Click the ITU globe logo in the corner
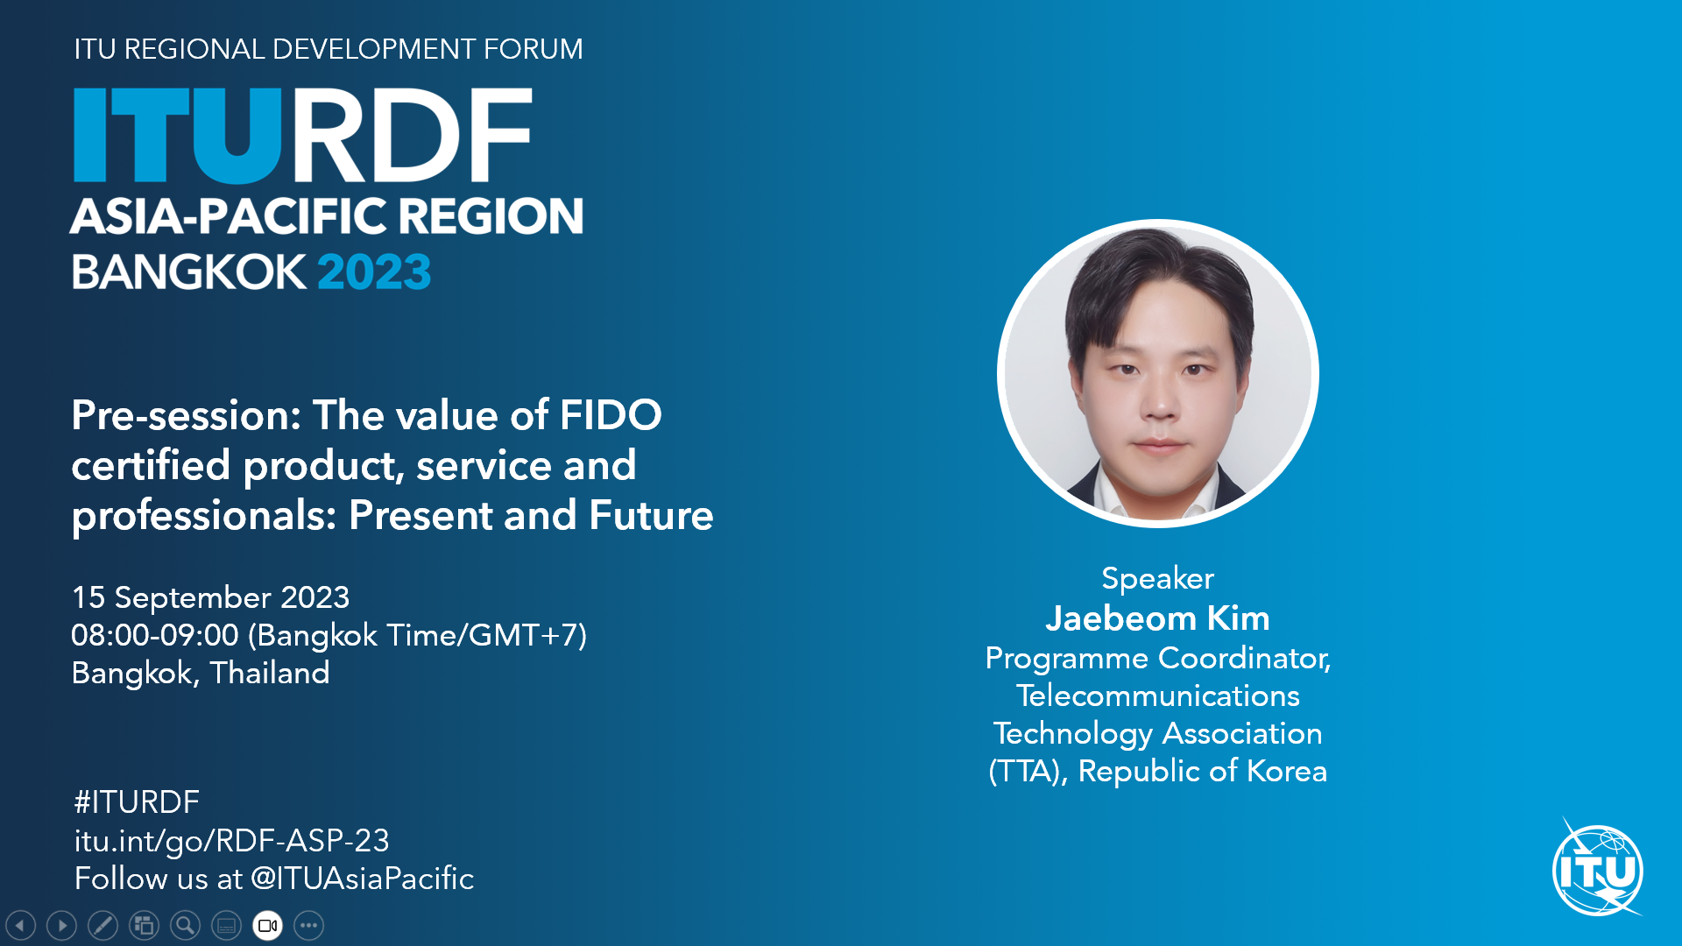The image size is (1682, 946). (x=1597, y=870)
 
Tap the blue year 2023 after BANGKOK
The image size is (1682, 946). (x=374, y=272)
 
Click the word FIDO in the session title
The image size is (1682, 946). (x=611, y=415)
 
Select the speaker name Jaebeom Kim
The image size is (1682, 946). (x=1157, y=618)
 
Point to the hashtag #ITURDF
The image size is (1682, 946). (x=137, y=801)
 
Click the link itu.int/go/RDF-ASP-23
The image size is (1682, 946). (x=231, y=841)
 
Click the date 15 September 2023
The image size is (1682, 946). (x=210, y=597)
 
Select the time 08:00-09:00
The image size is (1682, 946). (x=154, y=635)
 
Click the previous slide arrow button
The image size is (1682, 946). (x=20, y=925)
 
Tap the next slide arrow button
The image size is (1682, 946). (x=61, y=925)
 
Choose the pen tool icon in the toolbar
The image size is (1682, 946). (x=102, y=925)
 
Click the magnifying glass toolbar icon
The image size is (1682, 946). (x=185, y=925)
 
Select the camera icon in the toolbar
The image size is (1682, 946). (x=268, y=925)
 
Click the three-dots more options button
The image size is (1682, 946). (x=309, y=925)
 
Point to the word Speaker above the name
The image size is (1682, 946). (x=1157, y=578)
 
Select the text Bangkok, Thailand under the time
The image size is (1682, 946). (x=201, y=673)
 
